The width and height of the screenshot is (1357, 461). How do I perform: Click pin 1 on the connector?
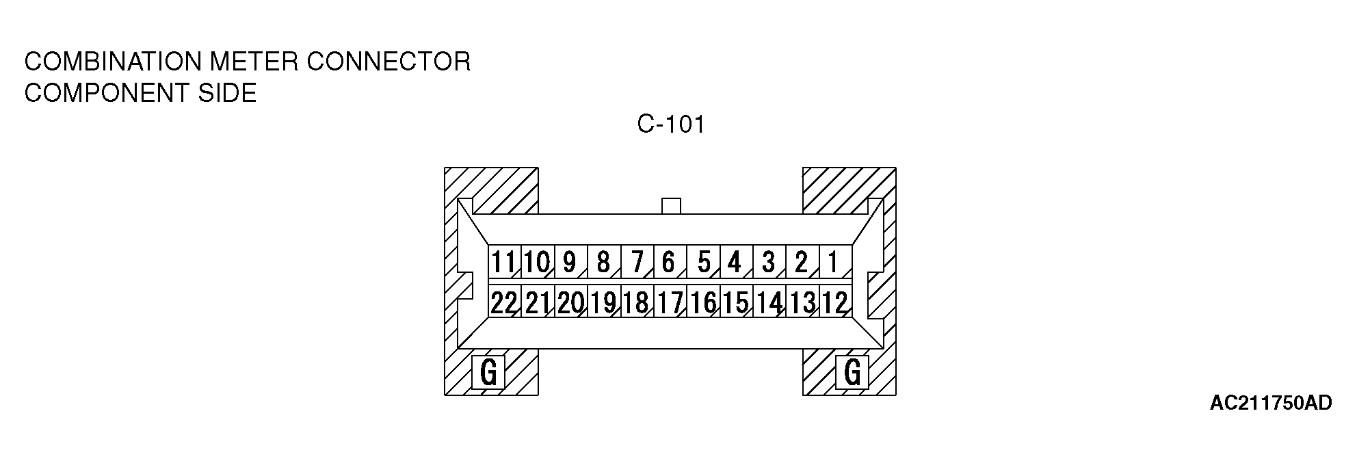tap(834, 262)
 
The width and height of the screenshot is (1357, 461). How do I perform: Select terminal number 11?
tap(504, 262)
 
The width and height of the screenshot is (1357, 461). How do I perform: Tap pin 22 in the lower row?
tap(504, 302)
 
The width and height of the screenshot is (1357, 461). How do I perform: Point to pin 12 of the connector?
tap(834, 302)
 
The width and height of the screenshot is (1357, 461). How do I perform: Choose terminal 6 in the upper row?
tap(669, 262)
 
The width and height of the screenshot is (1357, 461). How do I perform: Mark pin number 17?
tap(669, 302)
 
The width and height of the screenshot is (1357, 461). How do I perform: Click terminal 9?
tap(570, 262)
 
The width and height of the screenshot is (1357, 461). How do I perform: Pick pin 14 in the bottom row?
tap(769, 302)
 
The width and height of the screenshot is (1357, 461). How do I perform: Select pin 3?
tap(769, 262)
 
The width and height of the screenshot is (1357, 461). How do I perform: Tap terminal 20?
tap(570, 302)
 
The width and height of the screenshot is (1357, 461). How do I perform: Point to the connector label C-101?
tap(670, 124)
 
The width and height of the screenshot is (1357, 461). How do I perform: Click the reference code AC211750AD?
tap(1271, 404)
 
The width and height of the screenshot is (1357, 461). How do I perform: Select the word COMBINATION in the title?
tap(113, 62)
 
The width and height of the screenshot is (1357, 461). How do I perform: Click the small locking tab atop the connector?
tap(672, 206)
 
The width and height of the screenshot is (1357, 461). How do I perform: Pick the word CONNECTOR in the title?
tap(388, 62)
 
